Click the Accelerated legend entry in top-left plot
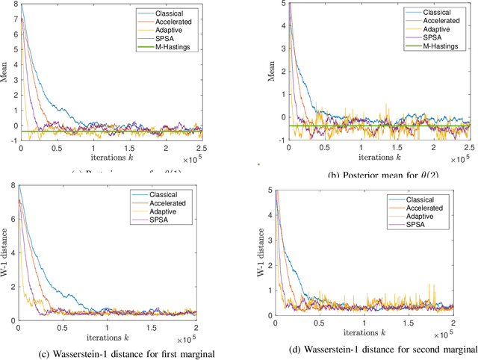[x=173, y=22]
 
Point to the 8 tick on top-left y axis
[x=15, y=5]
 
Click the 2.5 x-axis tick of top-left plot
[x=202, y=147]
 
